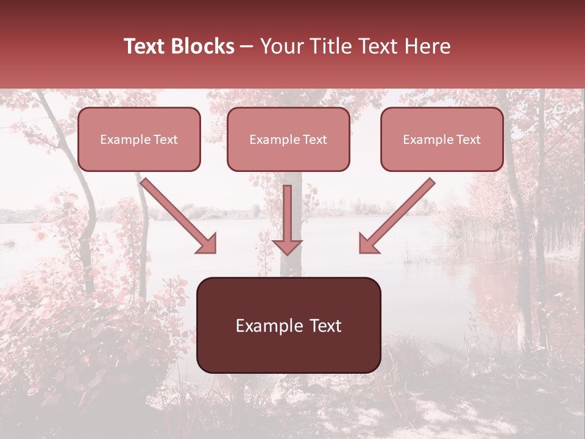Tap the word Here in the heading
pyautogui.click(x=426, y=46)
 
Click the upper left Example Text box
pyautogui.click(x=139, y=139)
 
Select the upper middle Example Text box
pyautogui.click(x=288, y=139)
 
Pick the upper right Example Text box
pyautogui.click(x=442, y=139)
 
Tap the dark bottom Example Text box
pyautogui.click(x=289, y=325)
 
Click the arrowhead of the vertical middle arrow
pyautogui.click(x=287, y=246)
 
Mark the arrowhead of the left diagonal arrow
pyautogui.click(x=207, y=244)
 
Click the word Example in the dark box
pyautogui.click(x=269, y=326)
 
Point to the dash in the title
pyautogui.click(x=247, y=47)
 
